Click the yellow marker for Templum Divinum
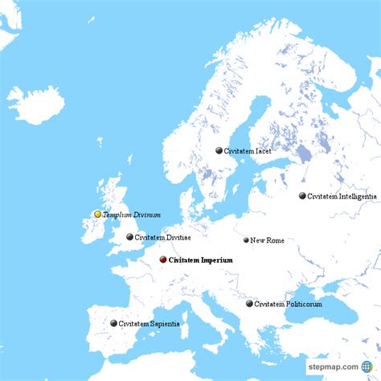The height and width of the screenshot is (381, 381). (98, 215)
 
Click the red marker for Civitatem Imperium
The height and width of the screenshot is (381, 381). (163, 260)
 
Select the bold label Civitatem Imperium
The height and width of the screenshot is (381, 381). (202, 260)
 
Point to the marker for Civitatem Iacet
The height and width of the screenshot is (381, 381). (219, 150)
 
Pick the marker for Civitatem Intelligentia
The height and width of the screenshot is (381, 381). (302, 196)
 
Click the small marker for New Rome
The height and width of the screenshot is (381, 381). (247, 240)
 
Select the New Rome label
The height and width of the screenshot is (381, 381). (267, 240)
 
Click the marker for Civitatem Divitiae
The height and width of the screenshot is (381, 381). (130, 237)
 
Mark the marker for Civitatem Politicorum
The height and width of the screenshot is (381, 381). (249, 304)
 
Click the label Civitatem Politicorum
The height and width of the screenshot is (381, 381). (288, 304)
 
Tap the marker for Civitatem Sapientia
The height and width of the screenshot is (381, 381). (113, 323)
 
